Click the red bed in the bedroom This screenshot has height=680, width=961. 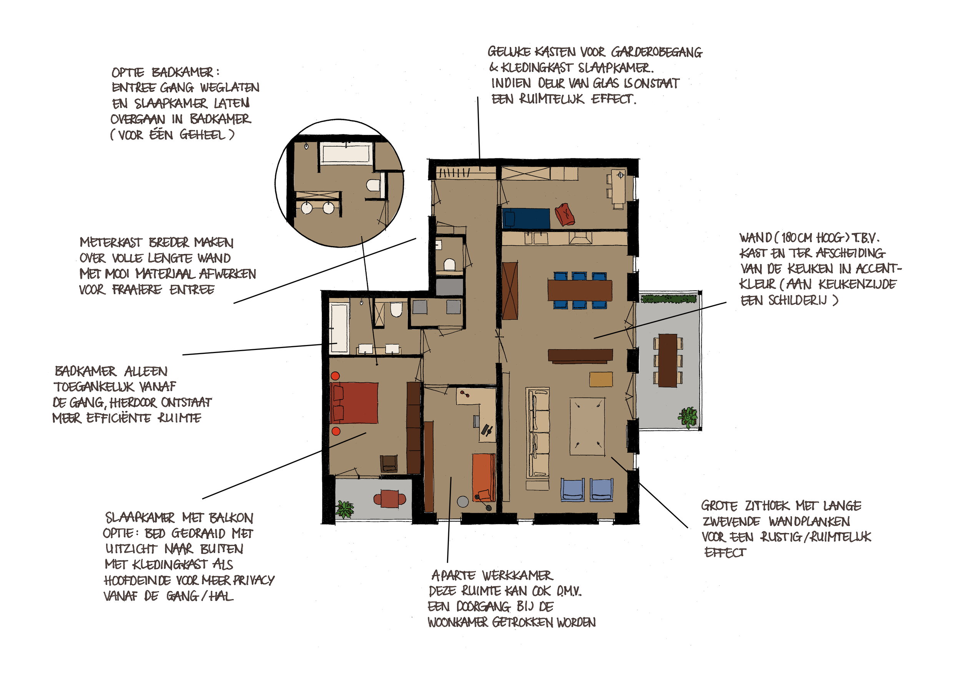354,402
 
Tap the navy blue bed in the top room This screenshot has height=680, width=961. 526,218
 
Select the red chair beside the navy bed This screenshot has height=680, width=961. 564,214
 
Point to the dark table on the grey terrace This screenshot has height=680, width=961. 668,360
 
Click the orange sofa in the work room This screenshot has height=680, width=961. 484,477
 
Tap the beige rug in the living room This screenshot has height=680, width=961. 587,426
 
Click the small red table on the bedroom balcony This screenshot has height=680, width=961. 390,499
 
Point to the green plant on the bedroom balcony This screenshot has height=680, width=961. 344,510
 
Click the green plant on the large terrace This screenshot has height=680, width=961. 688,417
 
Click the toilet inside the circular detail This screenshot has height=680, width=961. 373,185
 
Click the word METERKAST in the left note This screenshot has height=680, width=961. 111,242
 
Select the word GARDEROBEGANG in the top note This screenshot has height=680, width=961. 657,52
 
